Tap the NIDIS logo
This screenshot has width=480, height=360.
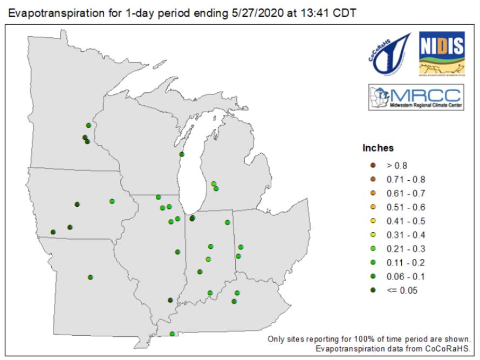point(441,52)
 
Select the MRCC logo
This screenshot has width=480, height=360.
point(414,98)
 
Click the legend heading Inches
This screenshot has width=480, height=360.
point(378,148)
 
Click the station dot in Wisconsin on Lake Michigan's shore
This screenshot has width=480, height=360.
point(182,154)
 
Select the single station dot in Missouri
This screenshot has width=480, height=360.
point(91,277)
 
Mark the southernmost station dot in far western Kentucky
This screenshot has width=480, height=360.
point(172,334)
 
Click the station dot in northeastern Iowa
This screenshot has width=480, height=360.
point(112,201)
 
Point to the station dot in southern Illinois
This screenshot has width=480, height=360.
point(170,300)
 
